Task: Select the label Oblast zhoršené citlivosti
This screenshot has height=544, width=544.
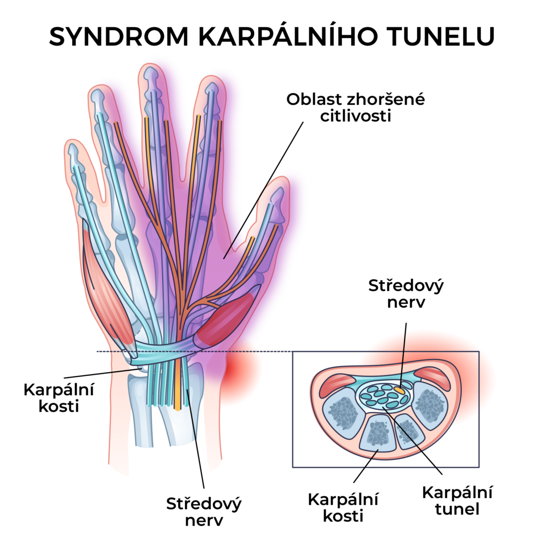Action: [355, 107]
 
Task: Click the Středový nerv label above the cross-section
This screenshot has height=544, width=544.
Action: [406, 294]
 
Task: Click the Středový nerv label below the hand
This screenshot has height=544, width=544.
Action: [204, 512]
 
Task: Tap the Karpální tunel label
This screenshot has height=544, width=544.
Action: [457, 500]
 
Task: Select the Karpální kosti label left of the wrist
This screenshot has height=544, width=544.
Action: [59, 397]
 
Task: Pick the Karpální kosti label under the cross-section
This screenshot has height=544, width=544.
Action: [343, 507]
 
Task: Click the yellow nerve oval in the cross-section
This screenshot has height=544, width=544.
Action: [399, 389]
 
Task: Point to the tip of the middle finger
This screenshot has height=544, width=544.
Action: [151, 70]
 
